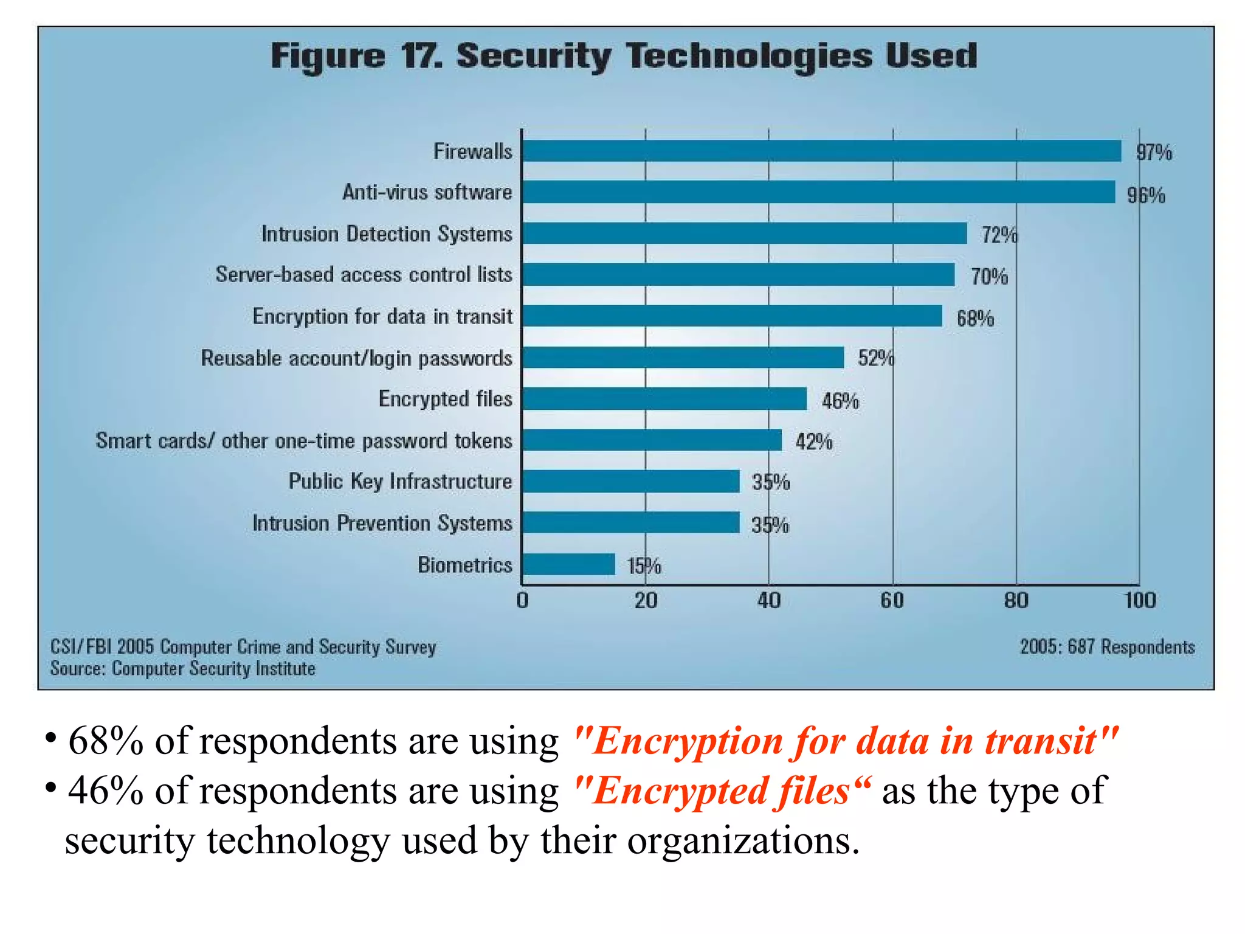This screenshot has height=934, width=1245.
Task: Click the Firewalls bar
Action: (x=821, y=151)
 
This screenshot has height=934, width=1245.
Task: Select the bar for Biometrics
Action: (x=569, y=564)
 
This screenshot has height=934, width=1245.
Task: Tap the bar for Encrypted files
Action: (x=664, y=399)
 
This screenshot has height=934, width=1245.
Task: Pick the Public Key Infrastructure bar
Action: (x=631, y=481)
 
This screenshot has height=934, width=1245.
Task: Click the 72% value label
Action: (x=998, y=235)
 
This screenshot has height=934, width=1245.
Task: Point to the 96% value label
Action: (x=1146, y=195)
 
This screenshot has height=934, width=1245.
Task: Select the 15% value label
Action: (x=644, y=566)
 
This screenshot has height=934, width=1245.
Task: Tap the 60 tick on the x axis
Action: (x=892, y=601)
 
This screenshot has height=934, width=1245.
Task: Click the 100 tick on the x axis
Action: (x=1139, y=601)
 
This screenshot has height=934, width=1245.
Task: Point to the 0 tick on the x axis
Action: (x=522, y=601)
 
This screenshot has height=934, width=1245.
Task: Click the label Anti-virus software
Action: (x=427, y=192)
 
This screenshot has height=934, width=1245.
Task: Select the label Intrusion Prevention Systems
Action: (x=382, y=523)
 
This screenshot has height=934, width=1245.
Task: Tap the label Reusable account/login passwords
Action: (x=356, y=358)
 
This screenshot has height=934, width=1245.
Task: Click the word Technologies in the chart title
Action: (x=749, y=57)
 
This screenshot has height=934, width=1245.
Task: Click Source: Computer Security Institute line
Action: (x=182, y=669)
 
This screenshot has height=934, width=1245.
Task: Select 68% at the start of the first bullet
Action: (x=105, y=741)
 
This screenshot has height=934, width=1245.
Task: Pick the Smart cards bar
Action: (x=652, y=440)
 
